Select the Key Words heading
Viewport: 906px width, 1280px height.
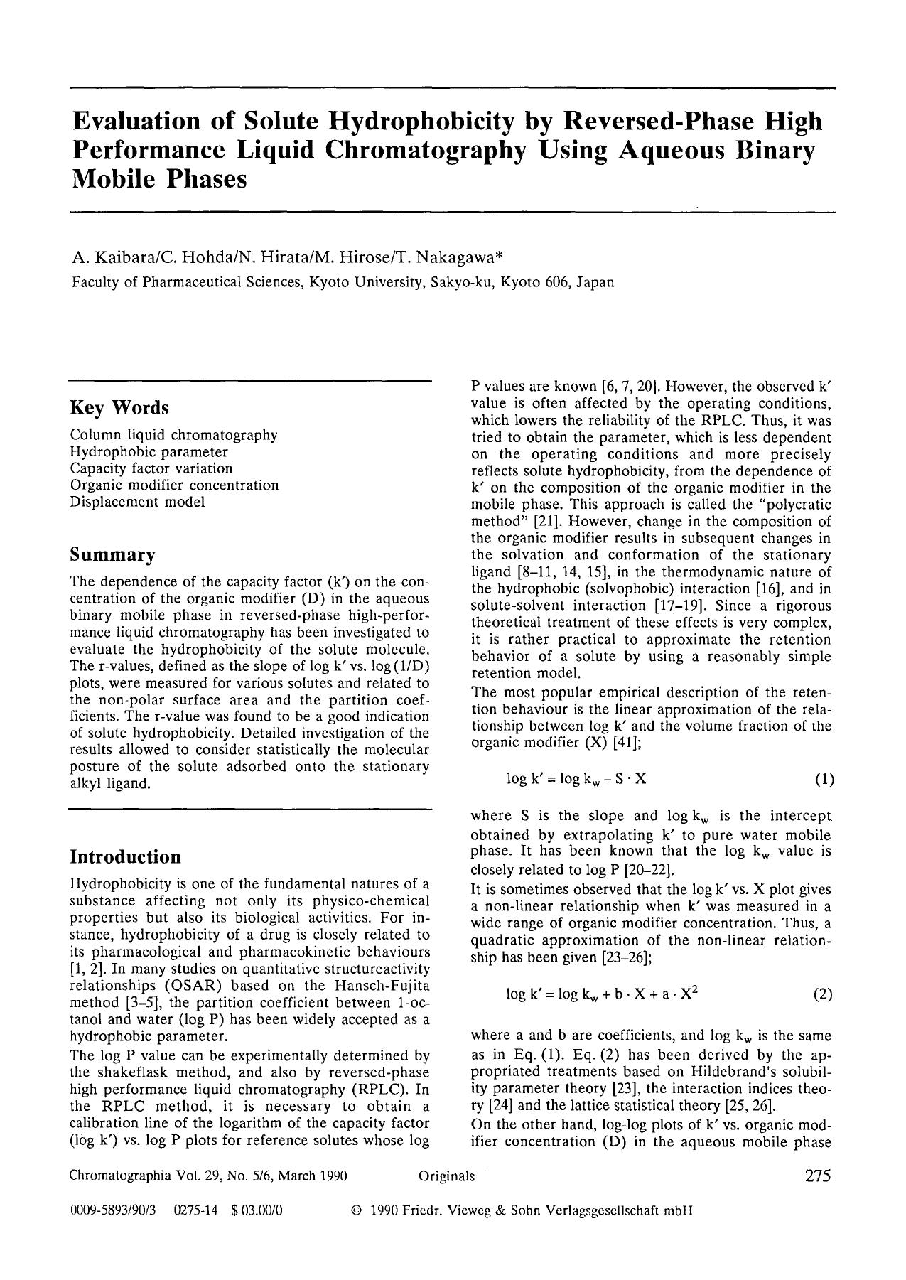[x=119, y=408]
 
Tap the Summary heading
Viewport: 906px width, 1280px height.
[x=112, y=554]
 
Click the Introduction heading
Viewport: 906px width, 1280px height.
[x=125, y=856]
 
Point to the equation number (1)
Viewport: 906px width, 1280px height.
[x=824, y=779]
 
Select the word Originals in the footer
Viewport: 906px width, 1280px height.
[x=446, y=1176]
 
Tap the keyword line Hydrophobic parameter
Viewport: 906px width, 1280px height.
[x=149, y=451]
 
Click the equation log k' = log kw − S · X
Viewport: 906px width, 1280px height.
[x=576, y=779]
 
